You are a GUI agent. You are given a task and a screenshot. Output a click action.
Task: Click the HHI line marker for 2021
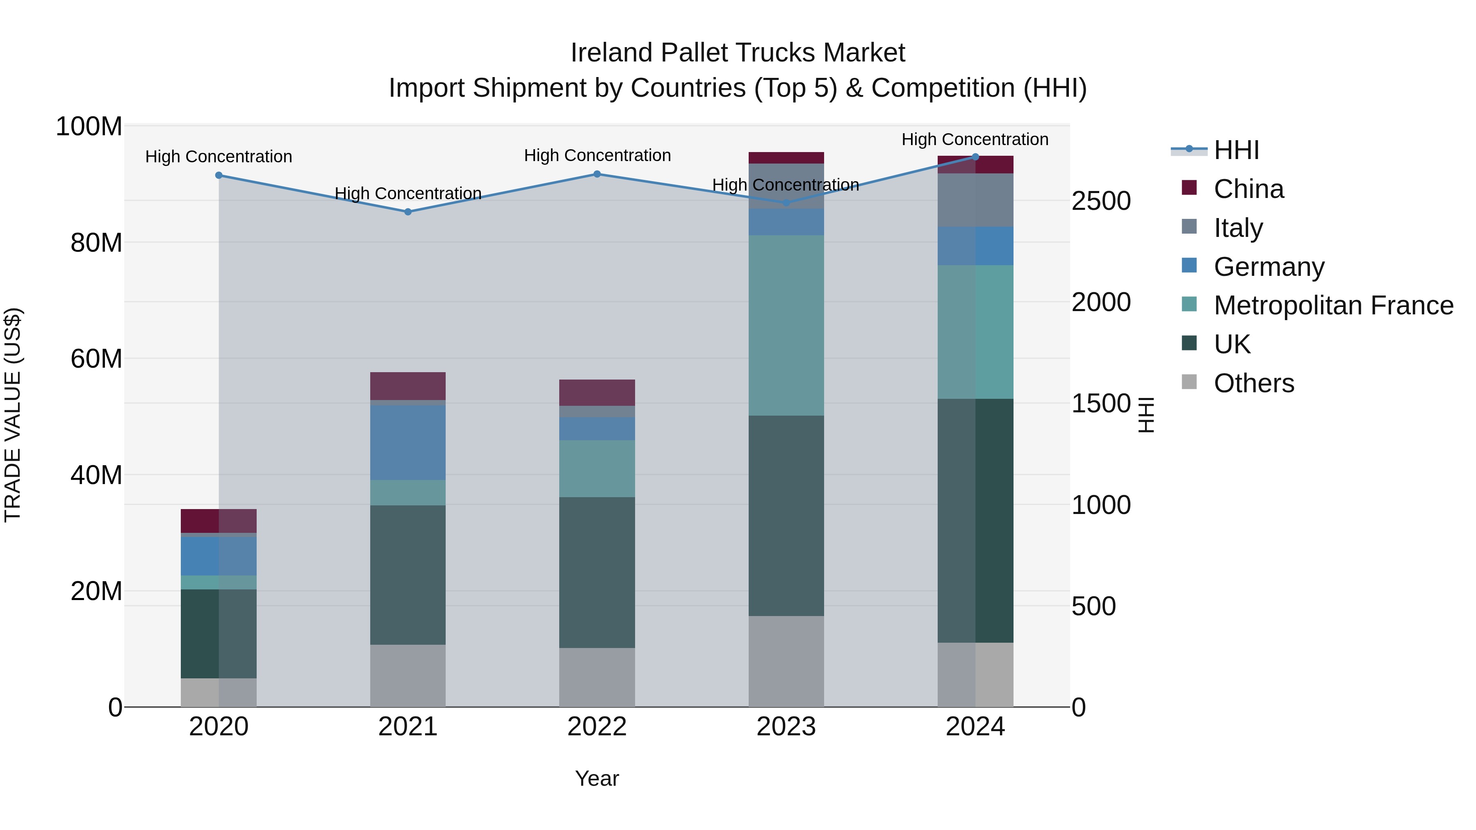pos(408,212)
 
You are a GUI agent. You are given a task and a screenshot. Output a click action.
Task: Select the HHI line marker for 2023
pos(786,203)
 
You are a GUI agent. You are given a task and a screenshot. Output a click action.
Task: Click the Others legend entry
pos(1254,383)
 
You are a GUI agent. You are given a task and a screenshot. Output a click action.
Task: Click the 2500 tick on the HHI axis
pos(1101,201)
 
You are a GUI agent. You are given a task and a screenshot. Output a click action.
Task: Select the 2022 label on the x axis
pos(597,727)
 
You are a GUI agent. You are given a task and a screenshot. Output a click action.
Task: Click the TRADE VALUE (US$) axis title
pos(13,415)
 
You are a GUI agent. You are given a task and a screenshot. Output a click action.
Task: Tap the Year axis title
pos(597,778)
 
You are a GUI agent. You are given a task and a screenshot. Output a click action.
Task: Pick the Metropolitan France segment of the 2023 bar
pos(786,325)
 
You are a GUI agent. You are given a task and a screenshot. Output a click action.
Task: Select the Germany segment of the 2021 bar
pos(408,442)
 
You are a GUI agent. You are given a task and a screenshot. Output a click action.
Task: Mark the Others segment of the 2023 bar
pos(786,661)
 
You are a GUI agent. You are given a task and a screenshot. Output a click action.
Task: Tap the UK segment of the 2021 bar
pos(408,575)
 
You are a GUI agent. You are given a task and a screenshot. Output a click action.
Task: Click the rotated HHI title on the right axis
pos(1146,415)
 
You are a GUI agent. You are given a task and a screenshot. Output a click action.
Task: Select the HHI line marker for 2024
pos(975,157)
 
